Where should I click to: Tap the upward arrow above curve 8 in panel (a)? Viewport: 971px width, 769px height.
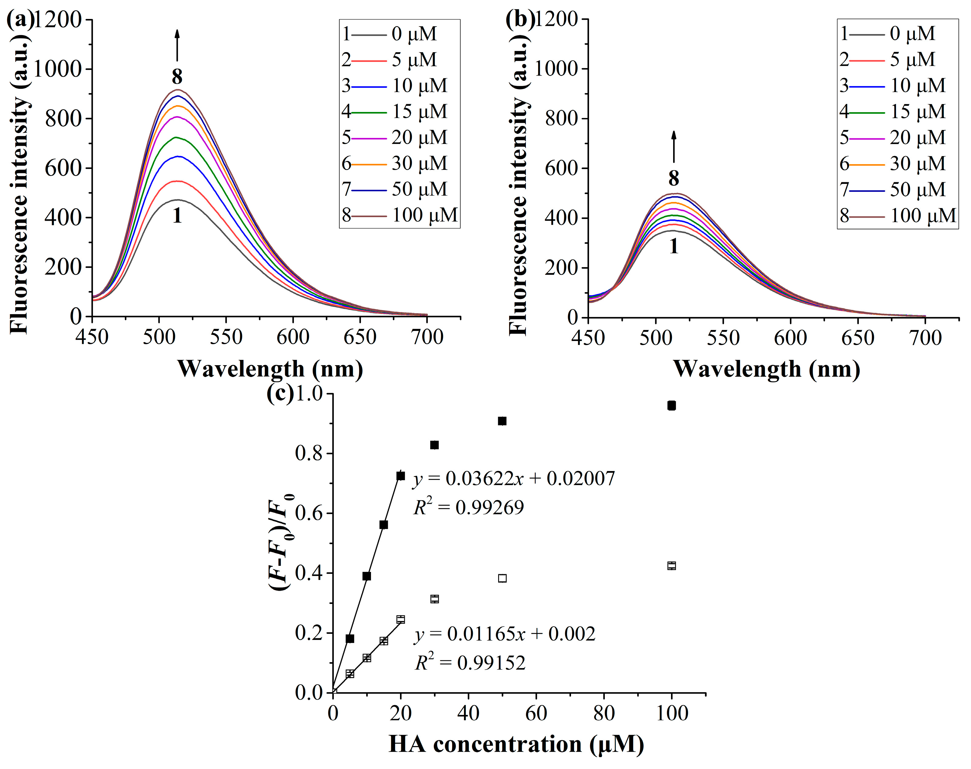177,45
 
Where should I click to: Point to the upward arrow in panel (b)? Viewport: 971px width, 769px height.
673,147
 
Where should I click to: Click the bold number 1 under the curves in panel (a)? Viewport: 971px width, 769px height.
177,216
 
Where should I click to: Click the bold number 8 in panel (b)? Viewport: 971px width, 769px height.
673,179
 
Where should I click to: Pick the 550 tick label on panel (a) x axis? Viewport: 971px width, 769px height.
226,337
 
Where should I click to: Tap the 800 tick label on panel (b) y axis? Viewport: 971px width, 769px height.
561,119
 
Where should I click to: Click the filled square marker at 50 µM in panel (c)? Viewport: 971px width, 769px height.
502,421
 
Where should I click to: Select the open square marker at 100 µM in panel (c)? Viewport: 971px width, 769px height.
671,566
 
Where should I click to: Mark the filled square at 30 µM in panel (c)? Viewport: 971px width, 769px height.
434,445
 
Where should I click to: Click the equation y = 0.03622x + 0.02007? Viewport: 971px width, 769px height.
513,478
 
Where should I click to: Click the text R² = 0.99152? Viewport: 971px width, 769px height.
470,663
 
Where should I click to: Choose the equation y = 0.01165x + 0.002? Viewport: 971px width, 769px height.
505,634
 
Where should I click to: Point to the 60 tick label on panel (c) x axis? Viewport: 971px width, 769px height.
536,713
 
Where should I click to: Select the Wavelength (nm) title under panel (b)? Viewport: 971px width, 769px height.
766,369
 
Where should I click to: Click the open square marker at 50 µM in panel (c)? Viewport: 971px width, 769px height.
502,578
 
